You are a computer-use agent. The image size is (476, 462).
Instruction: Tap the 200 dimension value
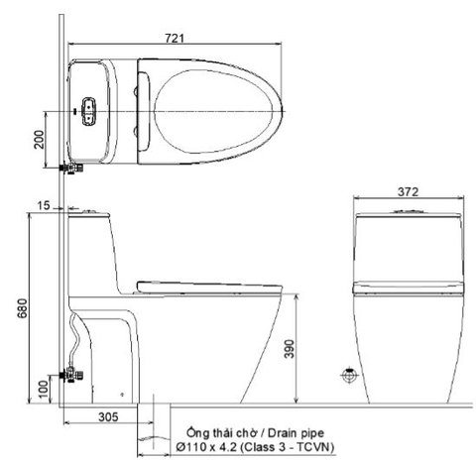[40, 140]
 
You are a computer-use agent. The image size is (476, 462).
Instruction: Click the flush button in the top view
[89, 111]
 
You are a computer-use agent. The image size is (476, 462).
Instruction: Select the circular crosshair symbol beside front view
[348, 376]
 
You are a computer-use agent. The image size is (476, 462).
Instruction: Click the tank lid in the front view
[408, 214]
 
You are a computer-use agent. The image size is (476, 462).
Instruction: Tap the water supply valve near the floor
[71, 375]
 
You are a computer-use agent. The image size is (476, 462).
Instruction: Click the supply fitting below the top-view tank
[68, 170]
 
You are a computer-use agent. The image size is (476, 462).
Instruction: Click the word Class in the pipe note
[273, 449]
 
